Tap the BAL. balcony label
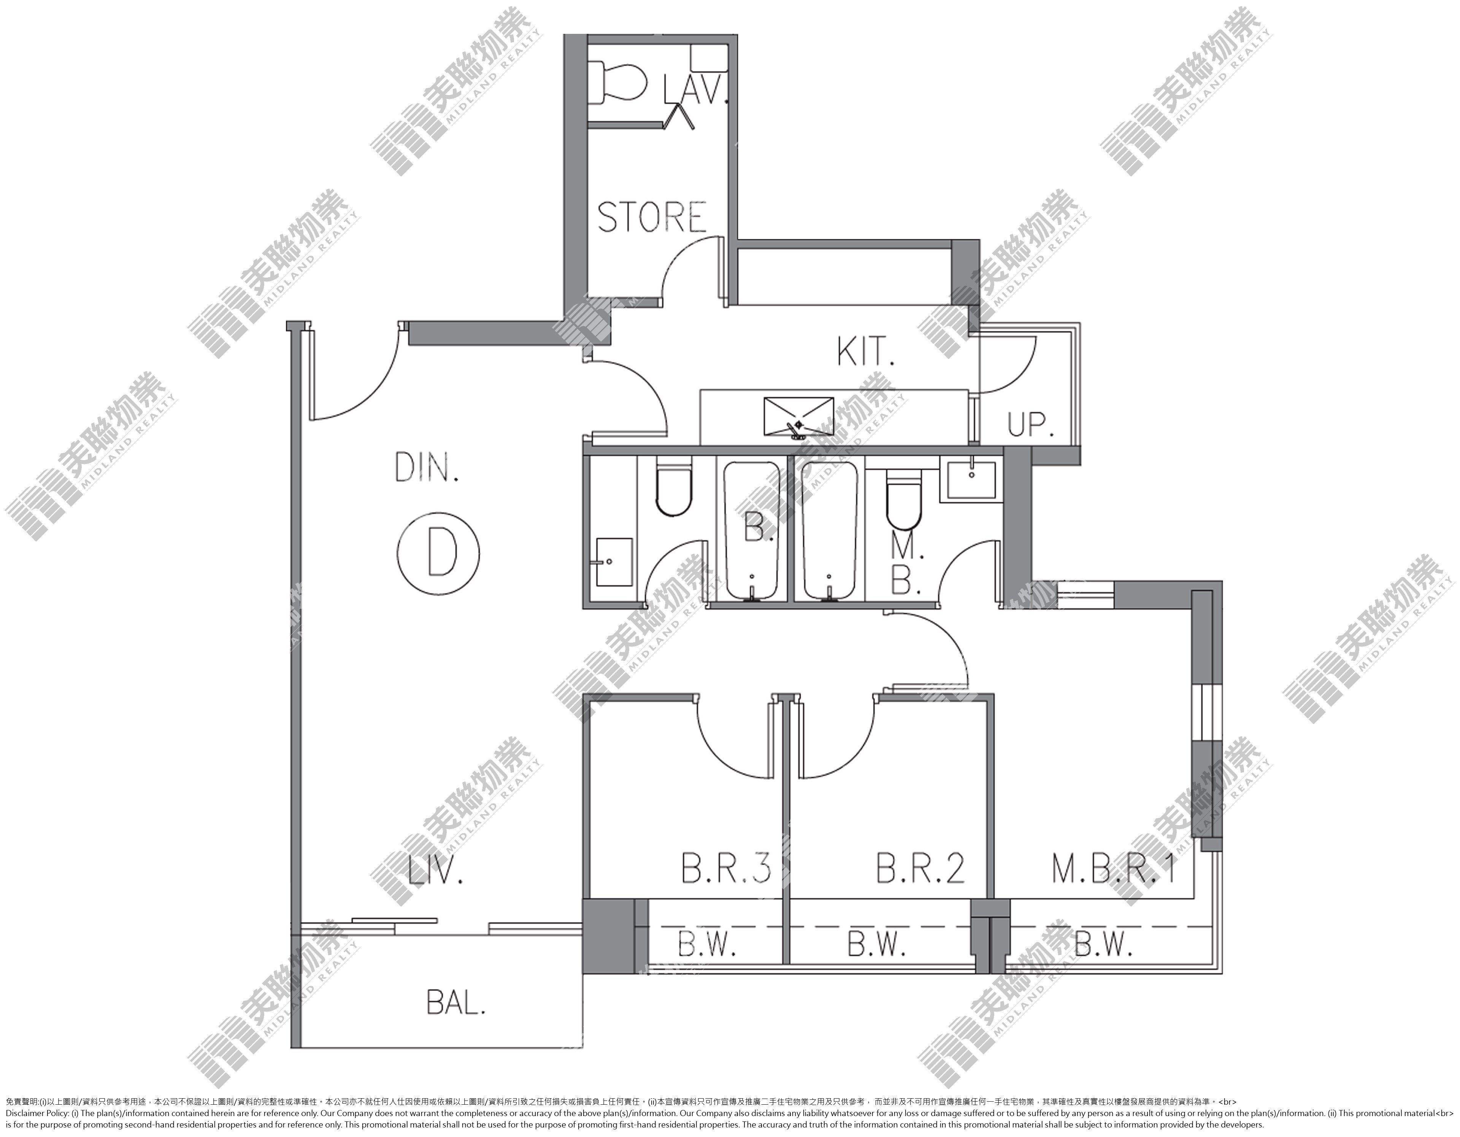tap(455, 1003)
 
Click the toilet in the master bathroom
tap(904, 499)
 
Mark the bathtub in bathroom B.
tap(753, 530)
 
